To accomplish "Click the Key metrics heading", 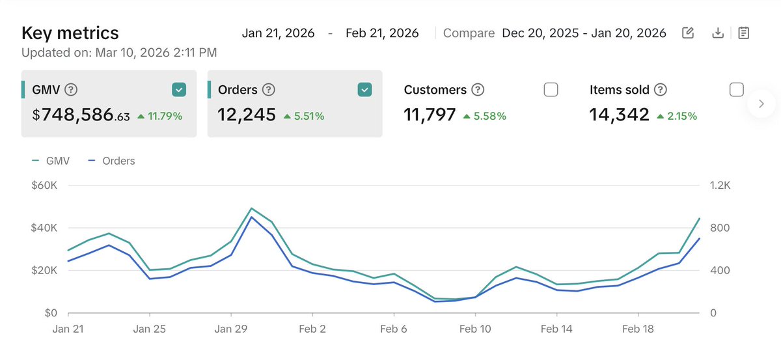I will [70, 33].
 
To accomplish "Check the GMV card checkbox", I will [179, 90].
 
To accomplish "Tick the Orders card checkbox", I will [364, 90].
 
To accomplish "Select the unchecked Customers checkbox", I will [551, 90].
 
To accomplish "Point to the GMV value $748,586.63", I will [81, 116].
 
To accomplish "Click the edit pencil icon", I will [688, 33].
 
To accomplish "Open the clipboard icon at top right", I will [745, 33].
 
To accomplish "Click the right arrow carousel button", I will [762, 103].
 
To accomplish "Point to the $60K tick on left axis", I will [44, 186].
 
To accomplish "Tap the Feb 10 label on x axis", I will [476, 329].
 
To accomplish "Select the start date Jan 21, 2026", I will [278, 33].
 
